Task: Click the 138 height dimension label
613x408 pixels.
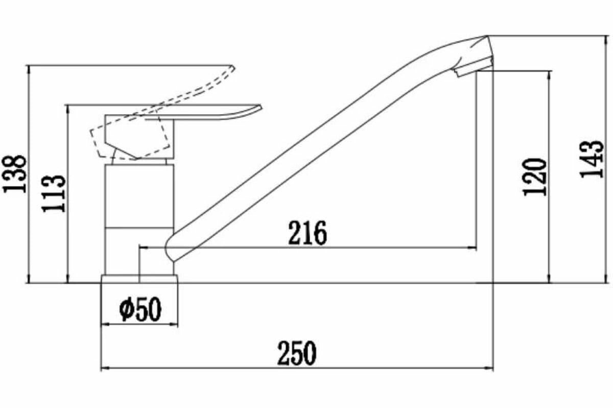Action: point(15,173)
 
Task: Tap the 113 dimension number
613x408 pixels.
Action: point(55,194)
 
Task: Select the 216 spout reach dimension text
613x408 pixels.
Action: point(307,234)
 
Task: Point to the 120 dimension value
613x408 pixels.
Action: point(535,176)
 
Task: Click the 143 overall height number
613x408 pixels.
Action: point(593,158)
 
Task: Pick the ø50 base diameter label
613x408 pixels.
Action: point(140,309)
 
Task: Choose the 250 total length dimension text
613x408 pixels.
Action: point(297,353)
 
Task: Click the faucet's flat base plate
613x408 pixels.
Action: point(139,279)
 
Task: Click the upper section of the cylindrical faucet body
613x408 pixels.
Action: point(139,194)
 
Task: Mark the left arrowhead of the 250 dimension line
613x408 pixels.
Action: point(104,367)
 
